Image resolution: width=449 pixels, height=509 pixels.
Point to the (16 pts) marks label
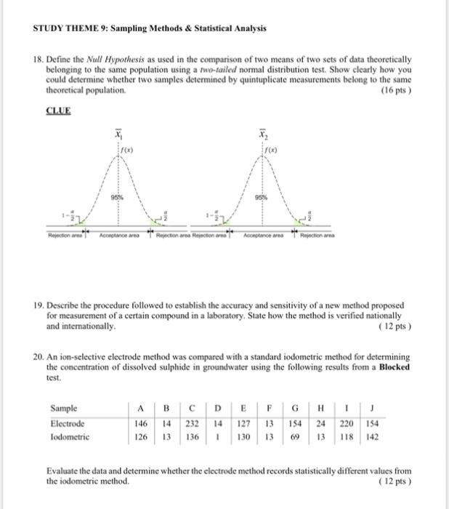397,91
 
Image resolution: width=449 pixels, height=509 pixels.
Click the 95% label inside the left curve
115,197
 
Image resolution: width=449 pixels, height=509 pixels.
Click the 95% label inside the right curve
259,197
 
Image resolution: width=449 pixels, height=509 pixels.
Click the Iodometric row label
70,437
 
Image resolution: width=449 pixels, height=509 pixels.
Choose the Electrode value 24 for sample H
321,423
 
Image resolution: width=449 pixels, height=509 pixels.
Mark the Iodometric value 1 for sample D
218,437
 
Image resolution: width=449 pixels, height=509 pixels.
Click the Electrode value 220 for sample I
347,423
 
